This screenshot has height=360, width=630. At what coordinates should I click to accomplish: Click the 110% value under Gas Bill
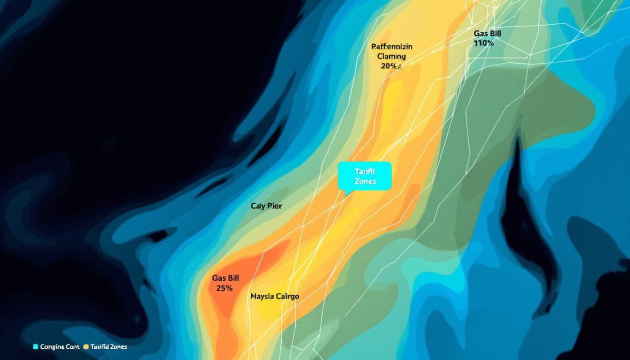pos(484,43)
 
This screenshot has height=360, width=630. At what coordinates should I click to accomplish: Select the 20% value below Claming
pos(389,66)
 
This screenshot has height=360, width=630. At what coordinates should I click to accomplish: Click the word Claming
pos(391,56)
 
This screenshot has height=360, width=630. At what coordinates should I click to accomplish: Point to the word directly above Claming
pos(391,46)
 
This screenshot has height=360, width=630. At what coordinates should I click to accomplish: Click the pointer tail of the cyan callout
pos(346,193)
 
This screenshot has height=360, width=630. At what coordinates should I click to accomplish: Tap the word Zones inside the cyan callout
pos(365,181)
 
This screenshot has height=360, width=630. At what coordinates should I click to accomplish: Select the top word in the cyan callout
pos(365,171)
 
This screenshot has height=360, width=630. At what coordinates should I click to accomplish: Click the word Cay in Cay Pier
pos(258,206)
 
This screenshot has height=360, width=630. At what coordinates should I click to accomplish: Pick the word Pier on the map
pos(274,206)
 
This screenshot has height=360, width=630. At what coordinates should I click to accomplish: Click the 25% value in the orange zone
pos(224,288)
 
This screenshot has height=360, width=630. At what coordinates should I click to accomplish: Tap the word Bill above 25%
pos(232,278)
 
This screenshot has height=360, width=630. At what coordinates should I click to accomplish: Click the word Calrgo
pos(287,297)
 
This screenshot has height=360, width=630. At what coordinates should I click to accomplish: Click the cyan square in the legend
pos(36,346)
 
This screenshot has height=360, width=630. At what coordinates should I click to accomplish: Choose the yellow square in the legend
pos(86,346)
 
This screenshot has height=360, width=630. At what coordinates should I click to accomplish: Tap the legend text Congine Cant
pos(59,346)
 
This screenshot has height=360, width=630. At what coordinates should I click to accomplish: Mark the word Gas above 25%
pos(217,278)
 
